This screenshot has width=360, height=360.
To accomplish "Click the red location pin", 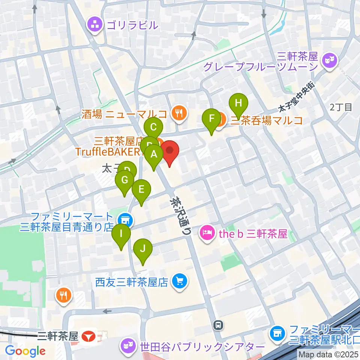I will point(170,151).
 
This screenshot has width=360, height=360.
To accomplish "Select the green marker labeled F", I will point(211,119).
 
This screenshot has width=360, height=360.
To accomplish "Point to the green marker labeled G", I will point(124,181).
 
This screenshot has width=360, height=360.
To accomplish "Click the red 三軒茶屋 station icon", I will point(89,336).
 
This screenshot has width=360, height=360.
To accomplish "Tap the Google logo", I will point(25,351).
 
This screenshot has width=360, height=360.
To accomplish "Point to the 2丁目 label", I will point(341,107).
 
